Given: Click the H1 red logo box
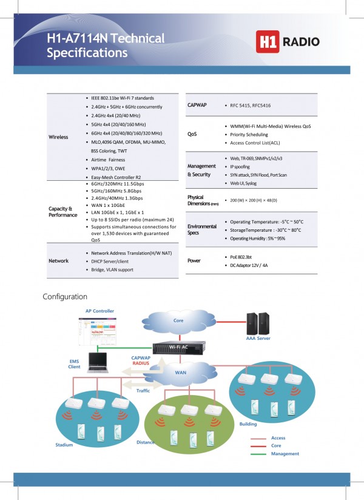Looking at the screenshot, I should tap(268, 42).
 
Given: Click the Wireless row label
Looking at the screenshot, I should tap(58, 137).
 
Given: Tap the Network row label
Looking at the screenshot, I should tap(58, 260).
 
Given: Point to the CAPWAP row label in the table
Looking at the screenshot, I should tap(197, 105).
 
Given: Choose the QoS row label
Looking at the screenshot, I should tap(192, 133).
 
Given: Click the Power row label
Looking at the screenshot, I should tap(195, 260).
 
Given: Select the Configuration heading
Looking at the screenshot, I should tap(65, 297).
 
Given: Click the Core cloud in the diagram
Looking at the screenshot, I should tap(178, 320).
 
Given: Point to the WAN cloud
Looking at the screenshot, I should tap(181, 373).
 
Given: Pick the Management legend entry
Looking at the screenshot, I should tap(285, 453).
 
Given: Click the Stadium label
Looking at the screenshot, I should tap(64, 445).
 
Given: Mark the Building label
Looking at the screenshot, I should tap(248, 424).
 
